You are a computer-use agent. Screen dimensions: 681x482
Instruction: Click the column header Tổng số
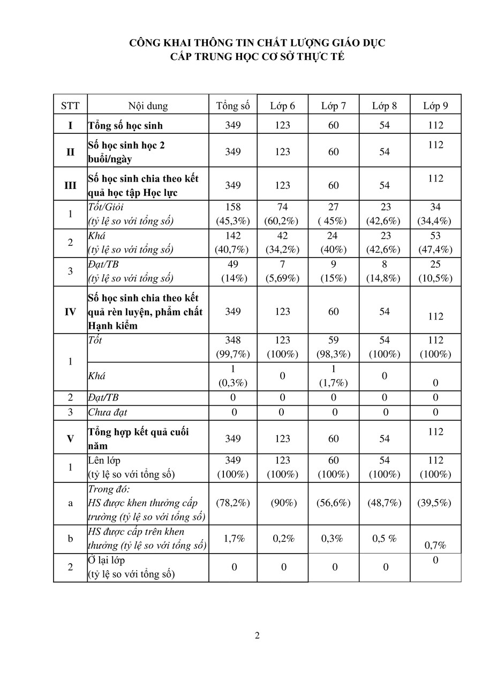click(233, 105)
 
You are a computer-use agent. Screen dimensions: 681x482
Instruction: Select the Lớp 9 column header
click(435, 105)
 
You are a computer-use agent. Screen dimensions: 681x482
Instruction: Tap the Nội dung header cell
click(148, 105)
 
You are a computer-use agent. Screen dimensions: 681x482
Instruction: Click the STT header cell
click(70, 105)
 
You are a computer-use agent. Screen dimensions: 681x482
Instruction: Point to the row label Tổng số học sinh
click(125, 126)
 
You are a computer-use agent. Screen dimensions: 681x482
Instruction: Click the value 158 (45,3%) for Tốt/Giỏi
click(233, 214)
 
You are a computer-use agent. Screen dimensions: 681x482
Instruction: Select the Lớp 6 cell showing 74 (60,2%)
click(282, 214)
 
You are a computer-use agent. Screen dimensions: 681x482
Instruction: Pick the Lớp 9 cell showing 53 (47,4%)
click(435, 243)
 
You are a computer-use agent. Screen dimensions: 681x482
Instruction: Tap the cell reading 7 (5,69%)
click(282, 271)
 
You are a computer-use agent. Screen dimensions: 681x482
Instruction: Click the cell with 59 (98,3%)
click(333, 347)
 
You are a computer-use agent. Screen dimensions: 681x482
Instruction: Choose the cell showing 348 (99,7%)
click(233, 347)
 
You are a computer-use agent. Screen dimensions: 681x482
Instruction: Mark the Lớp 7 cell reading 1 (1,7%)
click(333, 376)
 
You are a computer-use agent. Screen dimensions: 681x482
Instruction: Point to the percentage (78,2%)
click(233, 503)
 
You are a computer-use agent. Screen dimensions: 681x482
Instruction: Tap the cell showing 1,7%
click(233, 539)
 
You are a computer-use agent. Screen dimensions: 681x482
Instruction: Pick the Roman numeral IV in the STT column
click(70, 312)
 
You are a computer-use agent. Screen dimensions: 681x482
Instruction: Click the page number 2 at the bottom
click(258, 636)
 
